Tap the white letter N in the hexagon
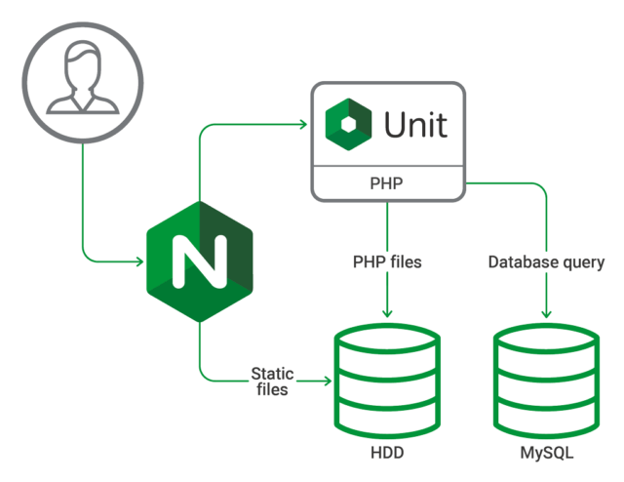(x=199, y=261)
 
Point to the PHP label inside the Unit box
(x=387, y=182)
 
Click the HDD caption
(x=387, y=454)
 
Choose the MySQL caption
(x=546, y=454)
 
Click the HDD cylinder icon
(x=387, y=381)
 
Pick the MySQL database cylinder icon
(x=546, y=381)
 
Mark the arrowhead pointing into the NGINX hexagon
(x=140, y=261)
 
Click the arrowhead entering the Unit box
(x=303, y=125)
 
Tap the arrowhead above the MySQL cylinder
(x=546, y=312)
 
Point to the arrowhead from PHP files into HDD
(x=387, y=312)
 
